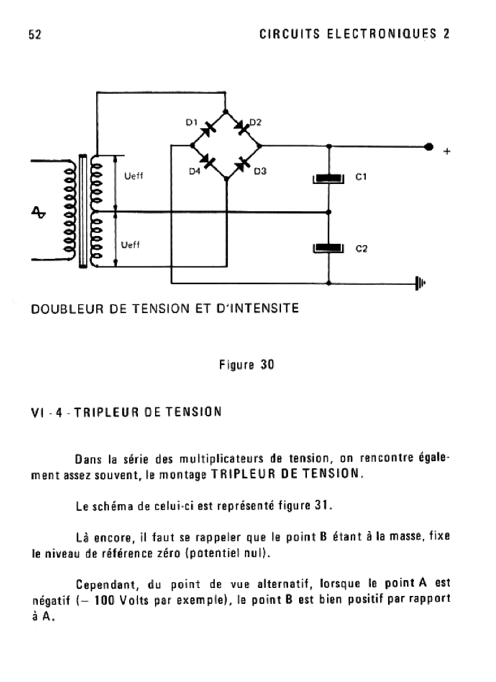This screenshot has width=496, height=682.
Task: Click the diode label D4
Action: pos(194,171)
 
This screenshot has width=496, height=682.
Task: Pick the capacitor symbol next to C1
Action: pos(330,178)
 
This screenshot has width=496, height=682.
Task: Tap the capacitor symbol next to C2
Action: pos(330,249)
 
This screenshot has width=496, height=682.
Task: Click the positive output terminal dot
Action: pos(429,146)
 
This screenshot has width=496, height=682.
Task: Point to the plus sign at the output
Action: pos(447,152)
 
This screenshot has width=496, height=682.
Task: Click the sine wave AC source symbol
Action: pos(39,212)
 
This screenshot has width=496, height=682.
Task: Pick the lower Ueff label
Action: pos(131,246)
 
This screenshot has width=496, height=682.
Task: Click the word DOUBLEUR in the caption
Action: pos(65,308)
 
